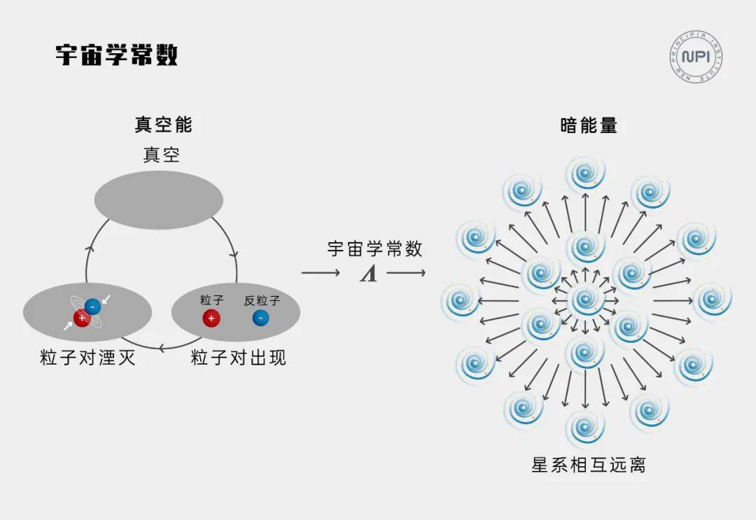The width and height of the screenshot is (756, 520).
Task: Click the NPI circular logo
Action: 696,57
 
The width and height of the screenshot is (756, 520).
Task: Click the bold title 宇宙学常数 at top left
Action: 117,55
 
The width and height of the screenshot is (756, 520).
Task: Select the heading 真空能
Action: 163,125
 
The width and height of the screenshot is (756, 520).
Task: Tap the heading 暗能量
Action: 589,125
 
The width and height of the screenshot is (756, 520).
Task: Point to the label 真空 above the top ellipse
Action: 162,155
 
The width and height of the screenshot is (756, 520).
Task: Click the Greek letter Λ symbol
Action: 368,274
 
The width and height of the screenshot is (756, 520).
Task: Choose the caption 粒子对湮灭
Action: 87,358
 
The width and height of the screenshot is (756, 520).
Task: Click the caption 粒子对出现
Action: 238,358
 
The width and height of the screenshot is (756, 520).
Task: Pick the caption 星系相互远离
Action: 588,465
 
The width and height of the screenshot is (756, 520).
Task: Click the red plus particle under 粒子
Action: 211,318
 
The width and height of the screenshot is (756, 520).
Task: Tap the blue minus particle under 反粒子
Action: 261,318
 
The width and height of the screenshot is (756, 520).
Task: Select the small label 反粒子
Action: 262,301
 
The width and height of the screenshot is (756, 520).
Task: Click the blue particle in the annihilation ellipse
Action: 92,307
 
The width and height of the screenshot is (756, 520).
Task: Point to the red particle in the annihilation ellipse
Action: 81,318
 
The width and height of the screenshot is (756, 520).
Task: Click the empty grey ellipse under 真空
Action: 159,199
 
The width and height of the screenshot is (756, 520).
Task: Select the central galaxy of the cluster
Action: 585,300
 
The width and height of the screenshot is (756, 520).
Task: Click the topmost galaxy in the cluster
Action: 585,174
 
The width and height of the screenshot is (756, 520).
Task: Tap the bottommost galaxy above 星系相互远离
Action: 584,428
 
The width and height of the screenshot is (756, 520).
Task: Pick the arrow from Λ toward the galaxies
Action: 406,273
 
